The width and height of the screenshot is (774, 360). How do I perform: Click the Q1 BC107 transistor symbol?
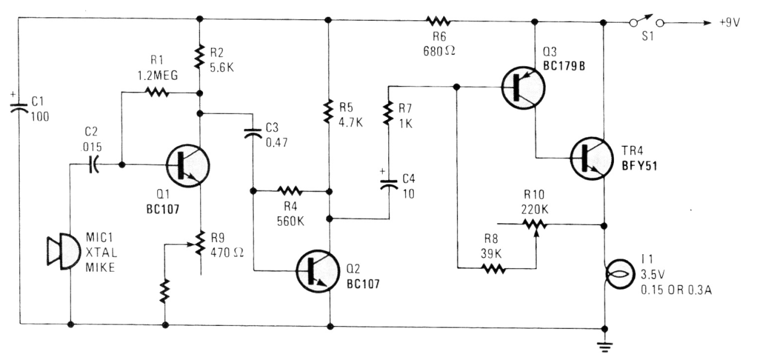pyautogui.click(x=187, y=165)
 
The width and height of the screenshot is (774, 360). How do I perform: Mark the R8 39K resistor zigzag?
pyautogui.click(x=494, y=268)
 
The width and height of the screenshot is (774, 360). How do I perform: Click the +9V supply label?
pyautogui.click(x=733, y=23)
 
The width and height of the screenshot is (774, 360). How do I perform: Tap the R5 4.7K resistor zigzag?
pyautogui.click(x=328, y=111)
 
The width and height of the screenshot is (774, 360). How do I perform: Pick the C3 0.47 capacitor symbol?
pyautogui.click(x=253, y=134)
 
